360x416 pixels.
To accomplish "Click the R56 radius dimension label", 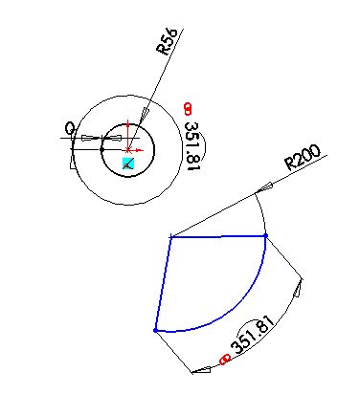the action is pos(167,44).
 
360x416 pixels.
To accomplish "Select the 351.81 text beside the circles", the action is pos(191,146).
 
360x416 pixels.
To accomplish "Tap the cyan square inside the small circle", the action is pos(129,164).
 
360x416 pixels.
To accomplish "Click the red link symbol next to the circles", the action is pos(188,108).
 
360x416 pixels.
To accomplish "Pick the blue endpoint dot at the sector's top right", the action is pos(265,234).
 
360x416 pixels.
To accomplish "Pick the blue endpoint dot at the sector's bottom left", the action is pos(155,330).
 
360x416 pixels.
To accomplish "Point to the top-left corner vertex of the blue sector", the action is pos(170,236).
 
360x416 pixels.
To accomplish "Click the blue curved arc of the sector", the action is pos(235,307).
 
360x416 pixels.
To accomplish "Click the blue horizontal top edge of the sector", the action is pos(218,235).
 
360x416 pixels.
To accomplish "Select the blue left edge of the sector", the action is pos(163,283).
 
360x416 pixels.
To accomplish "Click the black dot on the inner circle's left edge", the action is pos(102,148).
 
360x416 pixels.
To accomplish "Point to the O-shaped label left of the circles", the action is pos(69,127).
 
